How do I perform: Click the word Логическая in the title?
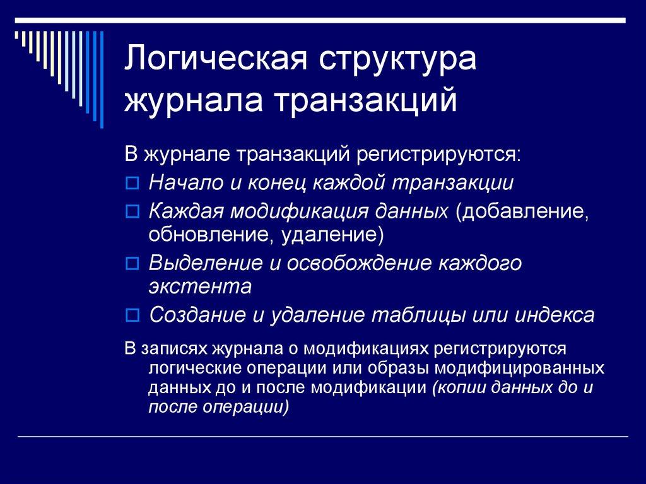click(x=214, y=62)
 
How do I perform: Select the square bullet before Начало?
click(x=132, y=184)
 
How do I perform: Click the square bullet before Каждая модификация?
click(x=132, y=213)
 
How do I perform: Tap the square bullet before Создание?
click(x=132, y=314)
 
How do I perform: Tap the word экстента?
click(x=201, y=286)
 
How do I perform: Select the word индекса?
click(x=555, y=314)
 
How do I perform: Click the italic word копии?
click(x=456, y=387)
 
